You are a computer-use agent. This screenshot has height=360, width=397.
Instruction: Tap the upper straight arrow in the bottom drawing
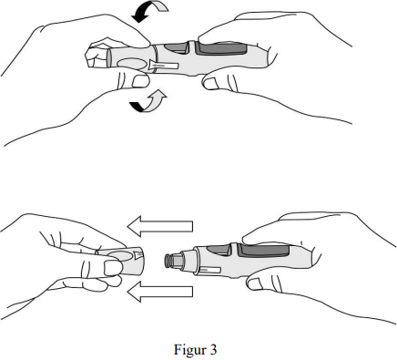(160, 226)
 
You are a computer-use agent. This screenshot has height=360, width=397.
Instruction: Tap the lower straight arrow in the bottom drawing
(160, 292)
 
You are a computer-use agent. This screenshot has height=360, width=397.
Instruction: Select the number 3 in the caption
(213, 350)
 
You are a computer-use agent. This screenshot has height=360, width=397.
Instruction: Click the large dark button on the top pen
(220, 48)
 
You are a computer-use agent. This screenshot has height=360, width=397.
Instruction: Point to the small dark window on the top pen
(176, 48)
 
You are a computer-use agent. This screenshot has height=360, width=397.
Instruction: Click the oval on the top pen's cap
(131, 64)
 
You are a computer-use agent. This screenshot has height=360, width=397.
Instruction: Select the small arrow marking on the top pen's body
(163, 66)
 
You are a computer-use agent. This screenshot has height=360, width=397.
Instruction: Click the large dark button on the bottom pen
(263, 250)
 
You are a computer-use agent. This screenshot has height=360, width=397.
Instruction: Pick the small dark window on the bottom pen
(219, 250)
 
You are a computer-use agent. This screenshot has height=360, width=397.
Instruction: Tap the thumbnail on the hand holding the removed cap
(113, 268)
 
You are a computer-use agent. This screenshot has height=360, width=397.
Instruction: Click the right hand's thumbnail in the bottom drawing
(255, 284)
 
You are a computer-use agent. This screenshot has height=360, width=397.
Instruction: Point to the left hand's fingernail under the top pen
(140, 81)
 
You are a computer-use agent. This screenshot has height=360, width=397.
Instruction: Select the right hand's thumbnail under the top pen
(210, 83)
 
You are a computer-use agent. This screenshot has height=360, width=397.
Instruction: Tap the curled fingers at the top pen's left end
(97, 55)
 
